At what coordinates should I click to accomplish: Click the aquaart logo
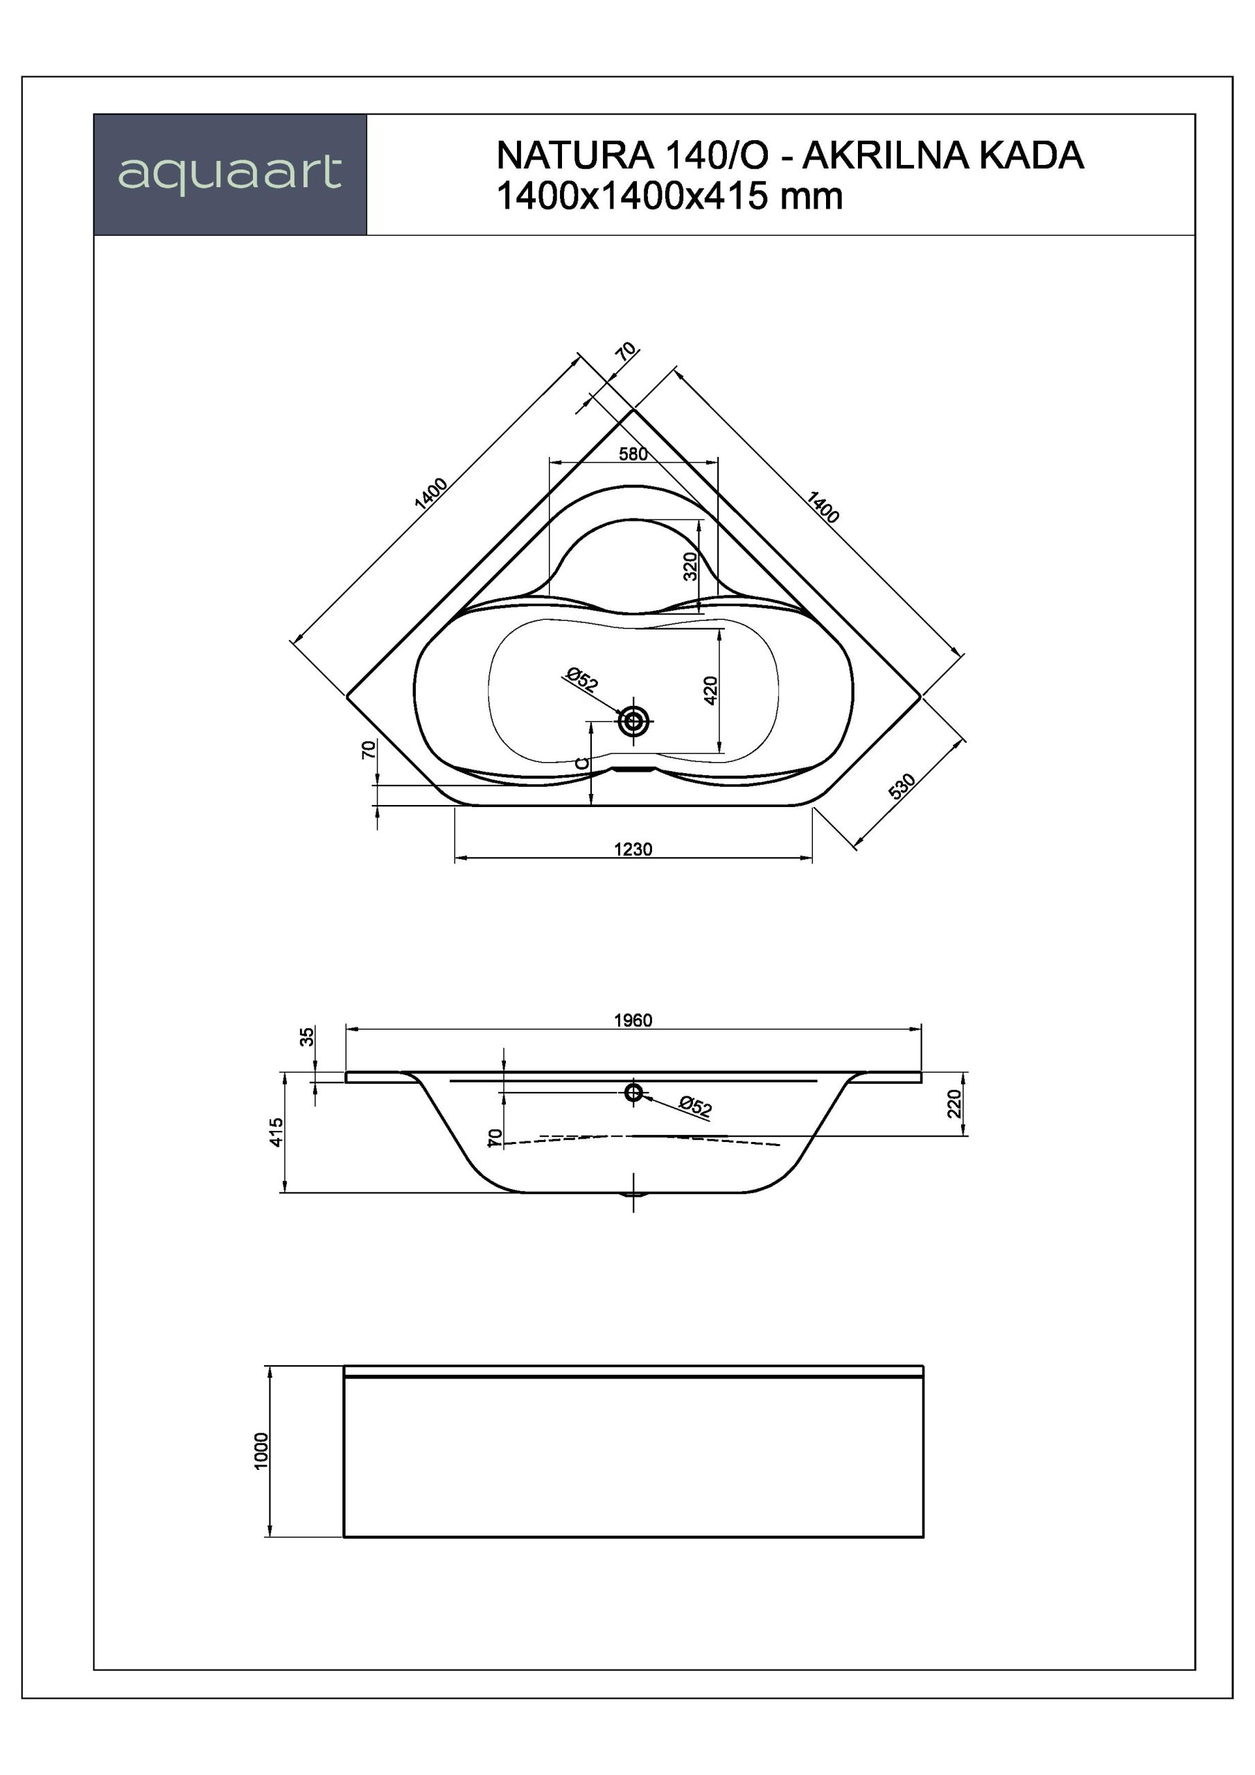click(229, 174)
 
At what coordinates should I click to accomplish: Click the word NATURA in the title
click(575, 155)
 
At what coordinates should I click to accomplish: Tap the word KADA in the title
click(1032, 155)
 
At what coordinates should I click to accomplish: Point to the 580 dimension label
click(633, 453)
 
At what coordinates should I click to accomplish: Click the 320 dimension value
click(691, 566)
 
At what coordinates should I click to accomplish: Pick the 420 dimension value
click(711, 690)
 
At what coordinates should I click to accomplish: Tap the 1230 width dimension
click(633, 849)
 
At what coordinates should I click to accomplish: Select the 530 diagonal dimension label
click(902, 786)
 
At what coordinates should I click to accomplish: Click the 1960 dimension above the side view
click(633, 1020)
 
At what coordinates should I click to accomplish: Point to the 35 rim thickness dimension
click(307, 1036)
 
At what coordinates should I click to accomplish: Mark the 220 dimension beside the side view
click(954, 1103)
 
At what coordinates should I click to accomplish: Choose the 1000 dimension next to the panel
click(261, 1451)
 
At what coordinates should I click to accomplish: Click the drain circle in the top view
click(633, 722)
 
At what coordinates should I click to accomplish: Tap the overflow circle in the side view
click(633, 1091)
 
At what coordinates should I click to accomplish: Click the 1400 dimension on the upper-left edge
click(431, 493)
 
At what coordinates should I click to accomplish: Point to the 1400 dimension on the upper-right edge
click(823, 507)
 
